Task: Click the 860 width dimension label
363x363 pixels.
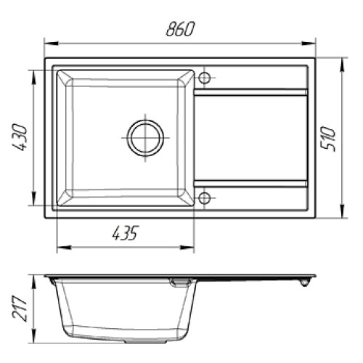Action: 180,29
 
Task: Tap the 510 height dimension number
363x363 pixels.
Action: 328,139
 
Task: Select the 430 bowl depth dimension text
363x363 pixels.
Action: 20,137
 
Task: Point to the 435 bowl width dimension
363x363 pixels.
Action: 125,233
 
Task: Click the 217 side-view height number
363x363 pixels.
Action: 20,308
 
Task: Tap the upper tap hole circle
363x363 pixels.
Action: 204,78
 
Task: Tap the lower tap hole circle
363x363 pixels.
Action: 204,198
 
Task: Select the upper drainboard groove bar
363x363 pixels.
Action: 250,92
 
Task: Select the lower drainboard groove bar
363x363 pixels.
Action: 250,184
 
